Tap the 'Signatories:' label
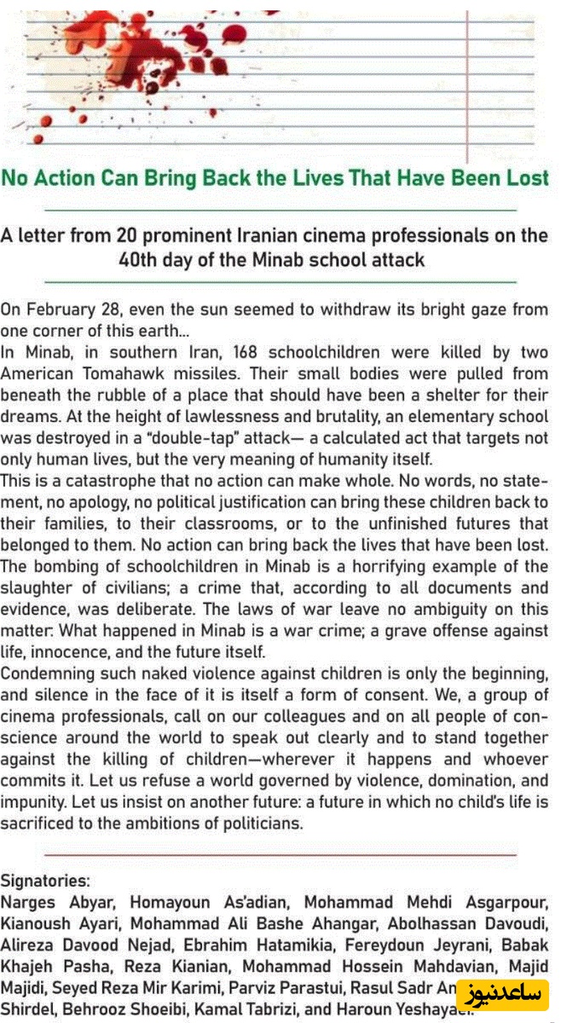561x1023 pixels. [44, 881]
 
